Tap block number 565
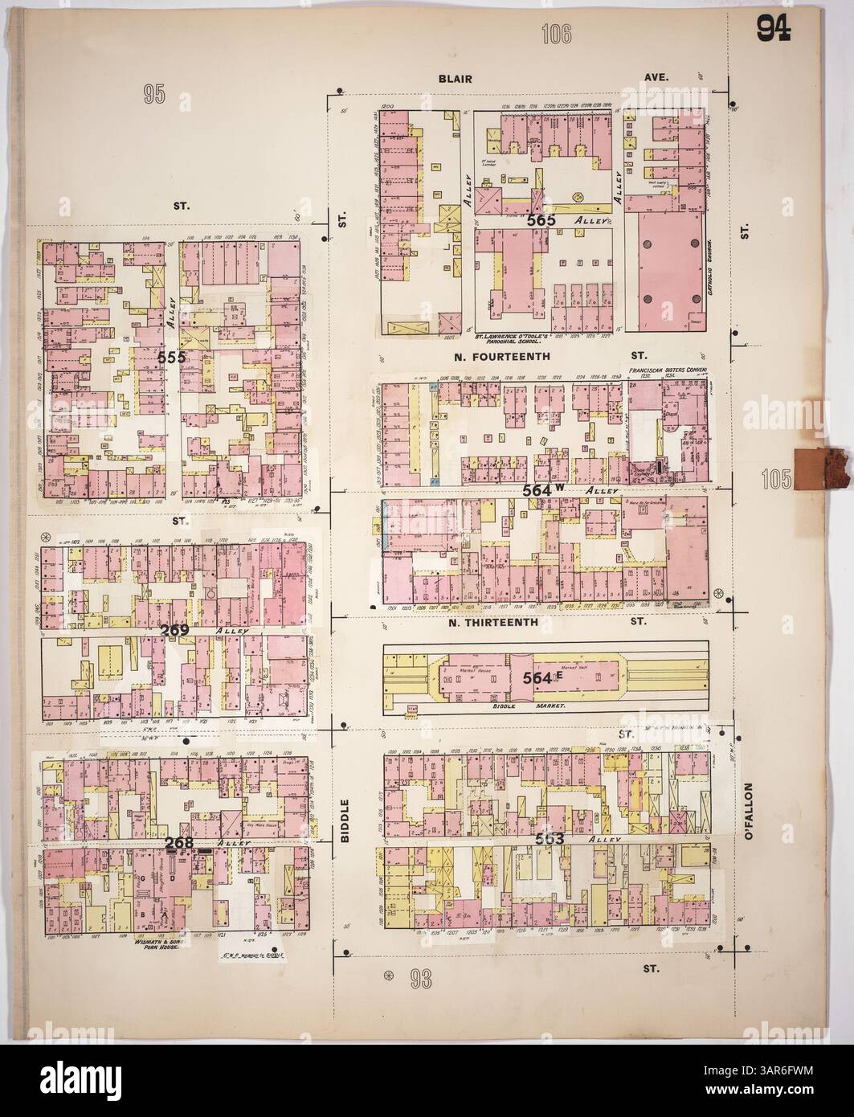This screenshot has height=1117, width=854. coord(542,218)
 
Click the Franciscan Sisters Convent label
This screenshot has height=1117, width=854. coord(667,370)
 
